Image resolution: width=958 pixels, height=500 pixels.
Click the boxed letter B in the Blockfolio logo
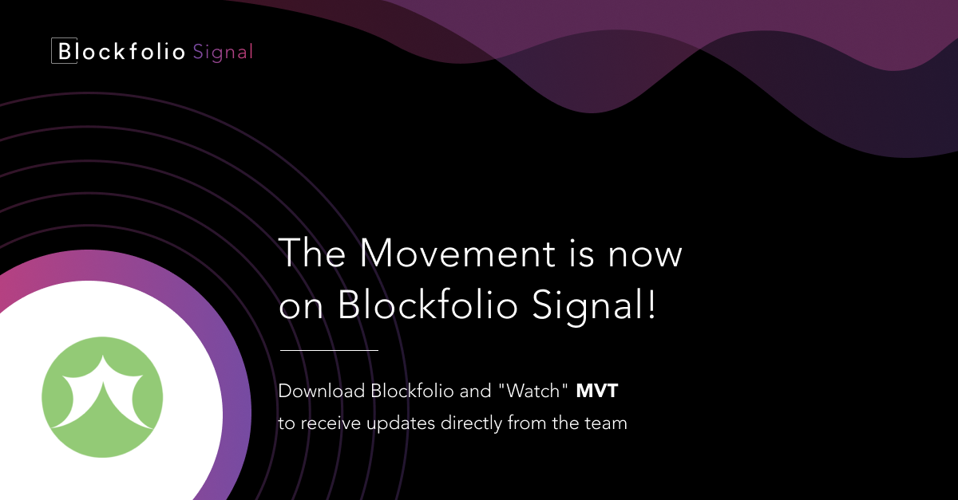pyautogui.click(x=64, y=50)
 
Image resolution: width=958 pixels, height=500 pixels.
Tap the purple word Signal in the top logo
pyautogui.click(x=223, y=53)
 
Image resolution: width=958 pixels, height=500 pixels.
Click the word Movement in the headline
pyautogui.click(x=457, y=253)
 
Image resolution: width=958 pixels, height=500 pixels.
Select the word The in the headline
pyautogui.click(x=312, y=253)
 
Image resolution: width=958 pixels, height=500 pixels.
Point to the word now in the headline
pyautogui.click(x=645, y=256)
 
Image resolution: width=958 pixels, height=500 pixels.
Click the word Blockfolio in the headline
pyautogui.click(x=428, y=304)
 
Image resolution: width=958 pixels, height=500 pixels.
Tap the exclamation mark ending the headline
pyautogui.click(x=651, y=304)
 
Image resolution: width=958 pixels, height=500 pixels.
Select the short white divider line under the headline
pyautogui.click(x=329, y=350)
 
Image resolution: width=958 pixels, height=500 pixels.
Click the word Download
pyautogui.click(x=322, y=391)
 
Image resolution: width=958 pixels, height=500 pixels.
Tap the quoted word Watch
pyautogui.click(x=533, y=390)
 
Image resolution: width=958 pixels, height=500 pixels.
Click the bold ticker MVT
pyautogui.click(x=597, y=391)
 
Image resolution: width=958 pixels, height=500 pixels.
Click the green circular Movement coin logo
pyautogui.click(x=102, y=397)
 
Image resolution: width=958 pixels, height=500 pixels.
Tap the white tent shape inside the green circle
pyautogui.click(x=102, y=393)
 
